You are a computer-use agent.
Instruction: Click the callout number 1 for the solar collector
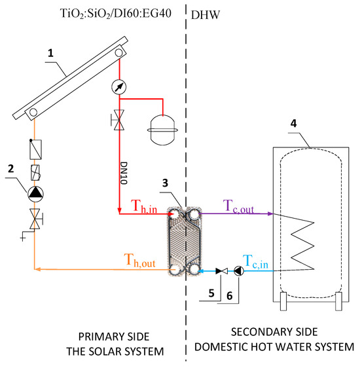[x=50, y=53]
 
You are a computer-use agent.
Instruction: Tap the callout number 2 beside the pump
[x=10, y=169]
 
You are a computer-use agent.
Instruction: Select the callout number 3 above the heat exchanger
[x=166, y=183]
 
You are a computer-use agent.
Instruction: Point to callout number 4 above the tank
[x=293, y=124]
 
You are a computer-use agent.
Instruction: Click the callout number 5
[x=211, y=293]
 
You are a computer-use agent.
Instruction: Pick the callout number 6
[x=230, y=296]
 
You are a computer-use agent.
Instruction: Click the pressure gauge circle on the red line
[x=119, y=87]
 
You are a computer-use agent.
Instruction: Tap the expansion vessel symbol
[x=162, y=130]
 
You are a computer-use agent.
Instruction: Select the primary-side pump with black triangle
[x=35, y=194]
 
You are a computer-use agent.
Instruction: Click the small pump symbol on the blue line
[x=239, y=271]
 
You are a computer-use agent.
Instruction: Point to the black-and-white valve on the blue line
[x=222, y=271]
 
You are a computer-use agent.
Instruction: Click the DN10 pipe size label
[x=124, y=173]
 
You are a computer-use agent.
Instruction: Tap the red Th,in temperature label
[x=144, y=206]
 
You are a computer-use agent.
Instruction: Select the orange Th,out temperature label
[x=139, y=260]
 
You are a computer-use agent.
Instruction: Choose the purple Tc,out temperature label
[x=238, y=206]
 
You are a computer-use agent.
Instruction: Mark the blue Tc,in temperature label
[x=256, y=261]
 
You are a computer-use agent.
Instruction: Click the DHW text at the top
[x=206, y=15]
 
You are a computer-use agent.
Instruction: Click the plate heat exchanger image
[x=185, y=241]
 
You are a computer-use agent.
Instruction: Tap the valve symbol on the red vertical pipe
[x=118, y=120]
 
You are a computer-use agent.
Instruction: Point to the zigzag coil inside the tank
[x=302, y=246]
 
